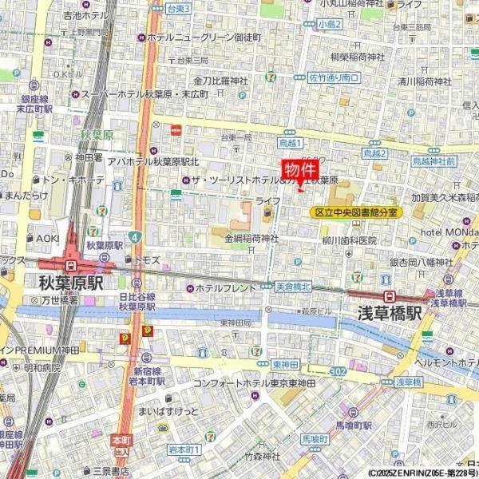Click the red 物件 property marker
[300, 170]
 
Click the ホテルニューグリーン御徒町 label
[199, 37]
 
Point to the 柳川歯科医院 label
[349, 239]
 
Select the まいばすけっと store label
[168, 410]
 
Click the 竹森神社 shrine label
[262, 457]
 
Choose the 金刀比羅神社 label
[222, 80]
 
